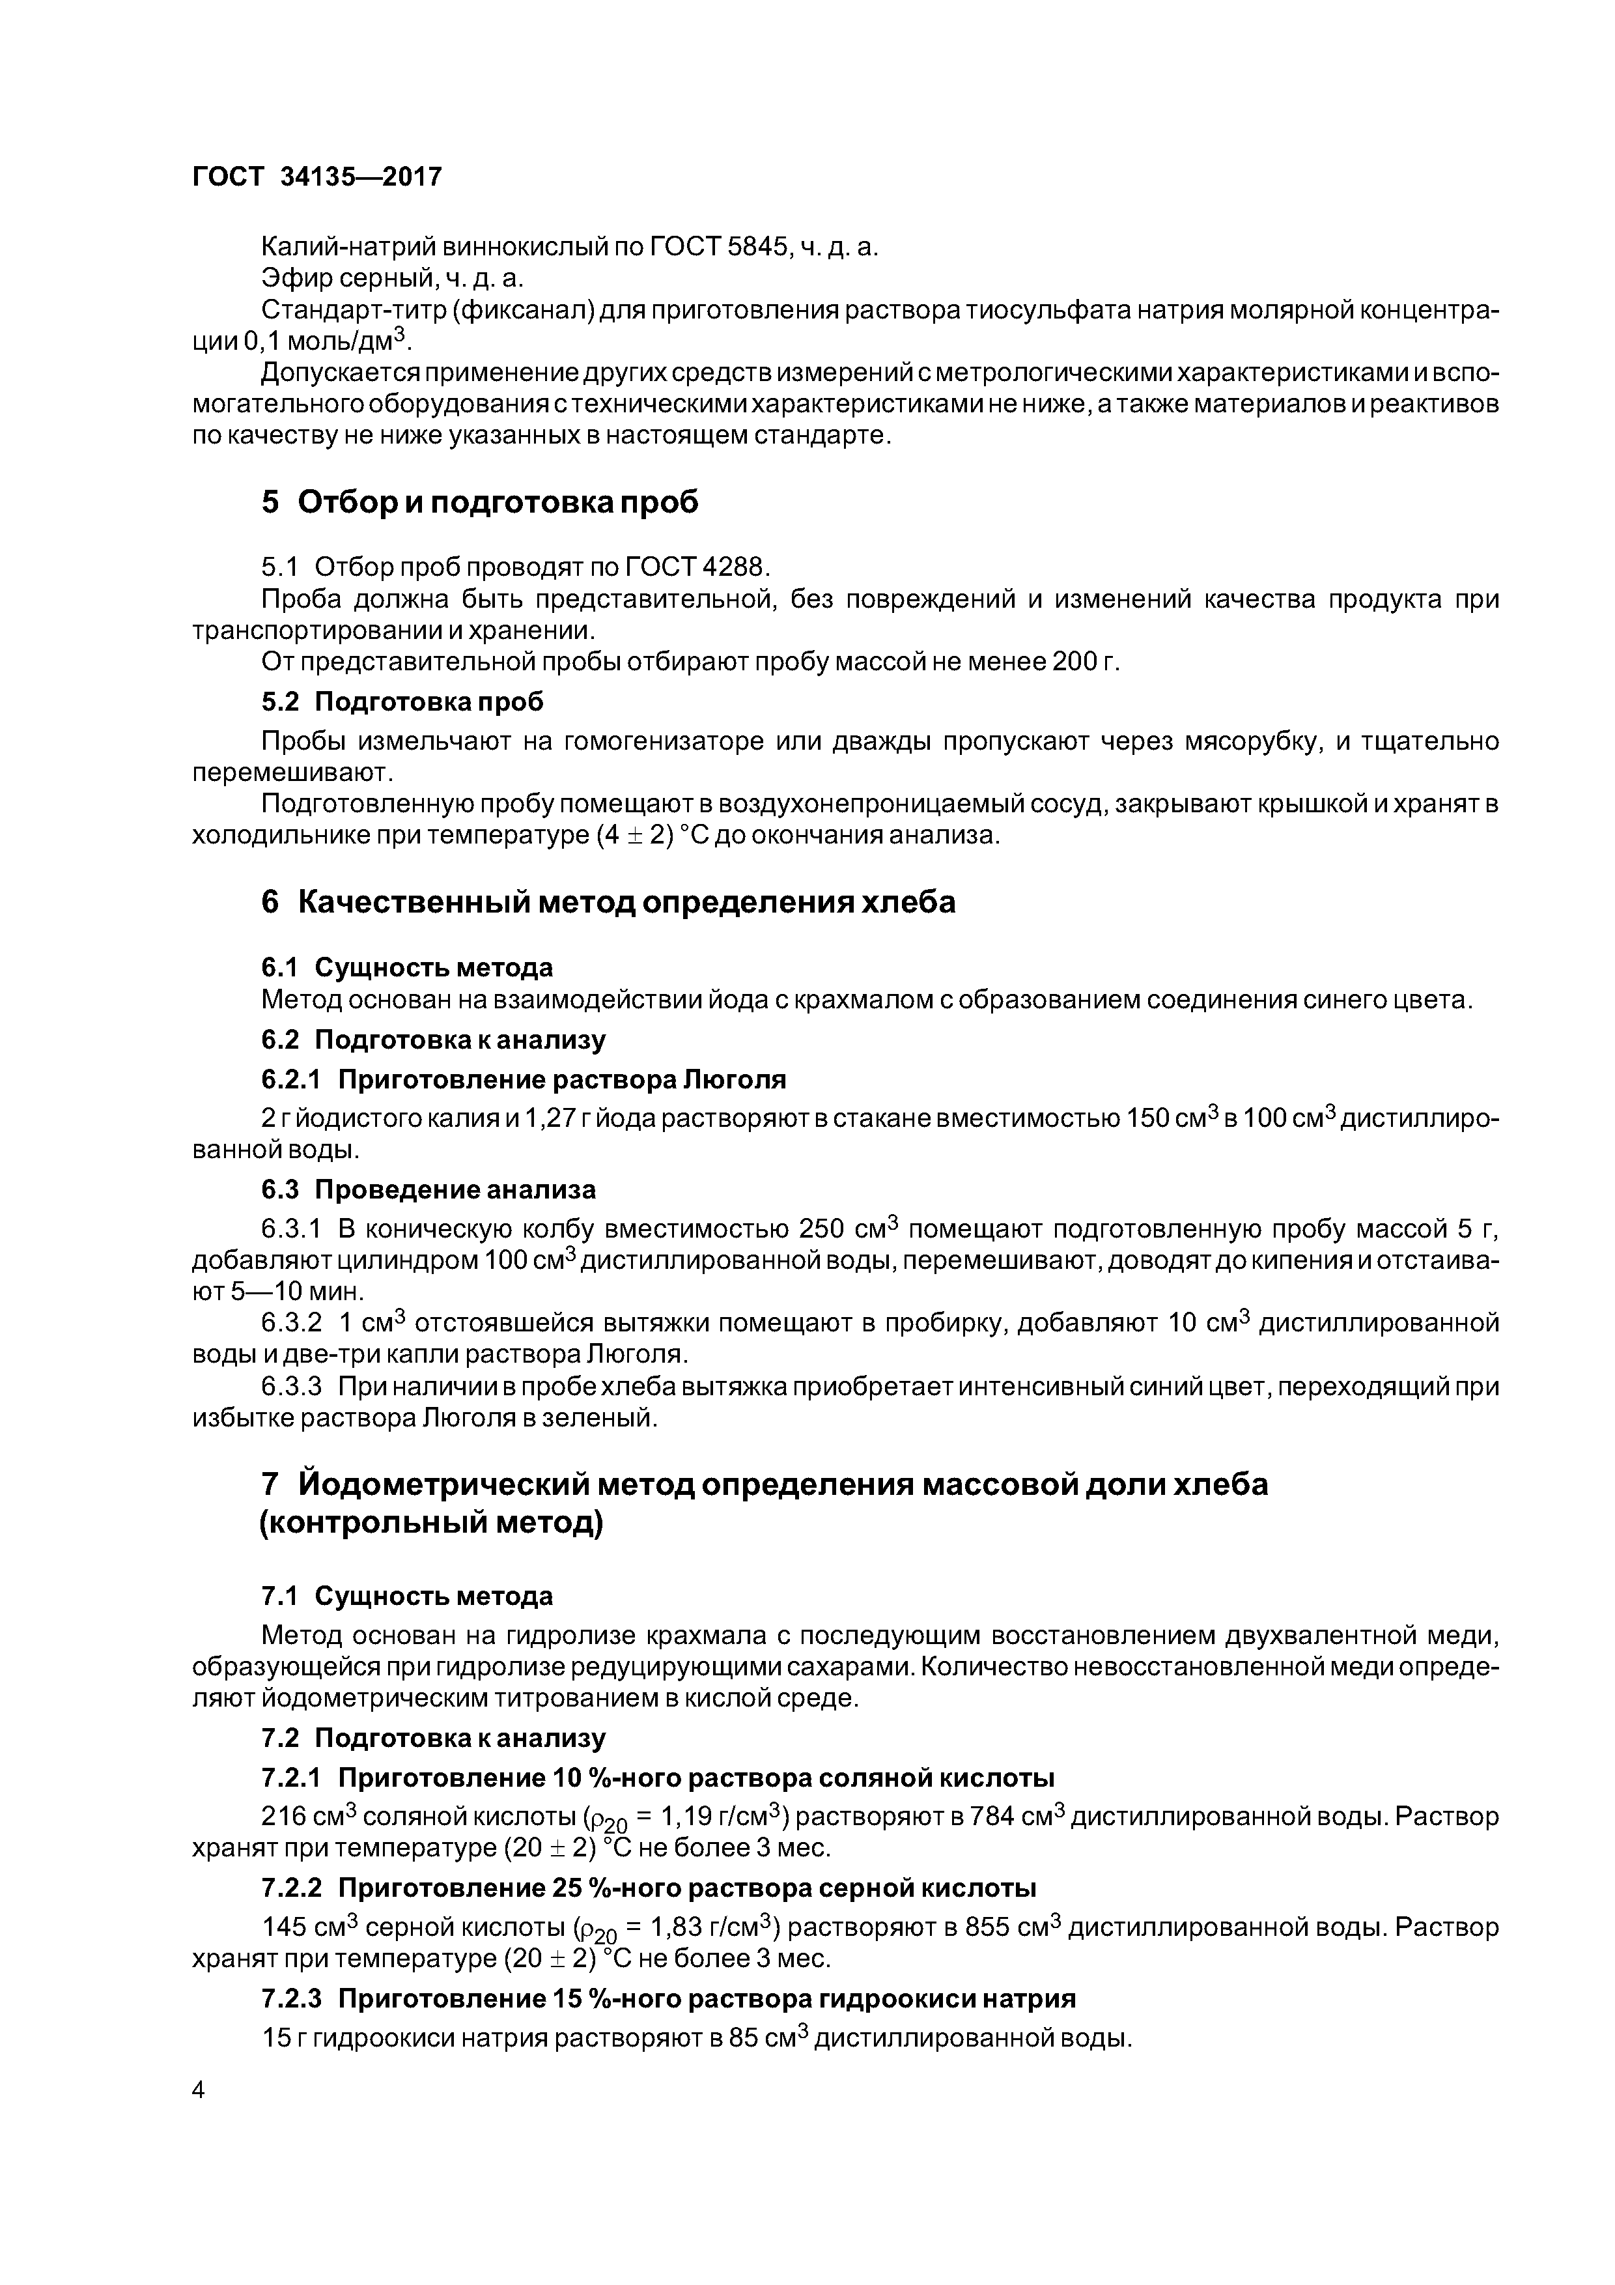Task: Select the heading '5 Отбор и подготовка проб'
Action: (x=480, y=503)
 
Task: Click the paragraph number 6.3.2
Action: (x=292, y=1324)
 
